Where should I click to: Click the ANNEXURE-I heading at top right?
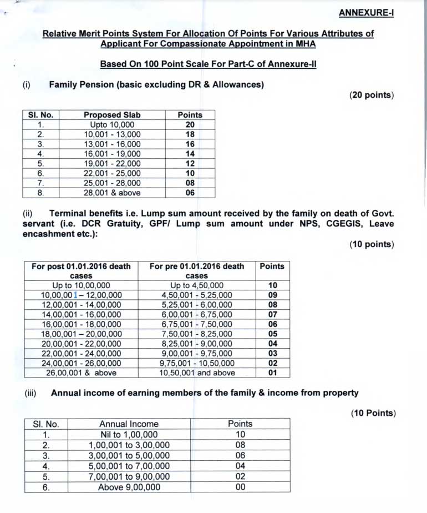(366, 12)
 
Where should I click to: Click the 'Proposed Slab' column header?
(112, 115)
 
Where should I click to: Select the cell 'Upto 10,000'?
(112, 125)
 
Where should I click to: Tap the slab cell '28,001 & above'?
(112, 193)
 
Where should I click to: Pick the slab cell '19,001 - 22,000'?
(112, 164)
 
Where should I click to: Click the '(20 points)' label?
(371, 95)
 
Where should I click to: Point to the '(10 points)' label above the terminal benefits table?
(371, 244)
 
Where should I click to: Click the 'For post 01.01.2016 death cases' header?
(81, 271)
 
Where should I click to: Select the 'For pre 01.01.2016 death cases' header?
(197, 271)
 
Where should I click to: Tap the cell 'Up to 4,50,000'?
(197, 285)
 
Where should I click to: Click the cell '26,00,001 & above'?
(81, 373)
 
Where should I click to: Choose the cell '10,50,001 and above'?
(197, 373)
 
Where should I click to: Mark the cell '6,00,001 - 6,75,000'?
(197, 315)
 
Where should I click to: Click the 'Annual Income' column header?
(129, 424)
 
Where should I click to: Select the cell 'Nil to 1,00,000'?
(129, 435)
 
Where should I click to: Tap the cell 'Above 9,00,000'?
(129, 487)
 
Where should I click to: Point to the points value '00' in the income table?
(240, 487)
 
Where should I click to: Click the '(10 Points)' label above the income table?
(372, 413)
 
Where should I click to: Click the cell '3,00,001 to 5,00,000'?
(129, 455)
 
